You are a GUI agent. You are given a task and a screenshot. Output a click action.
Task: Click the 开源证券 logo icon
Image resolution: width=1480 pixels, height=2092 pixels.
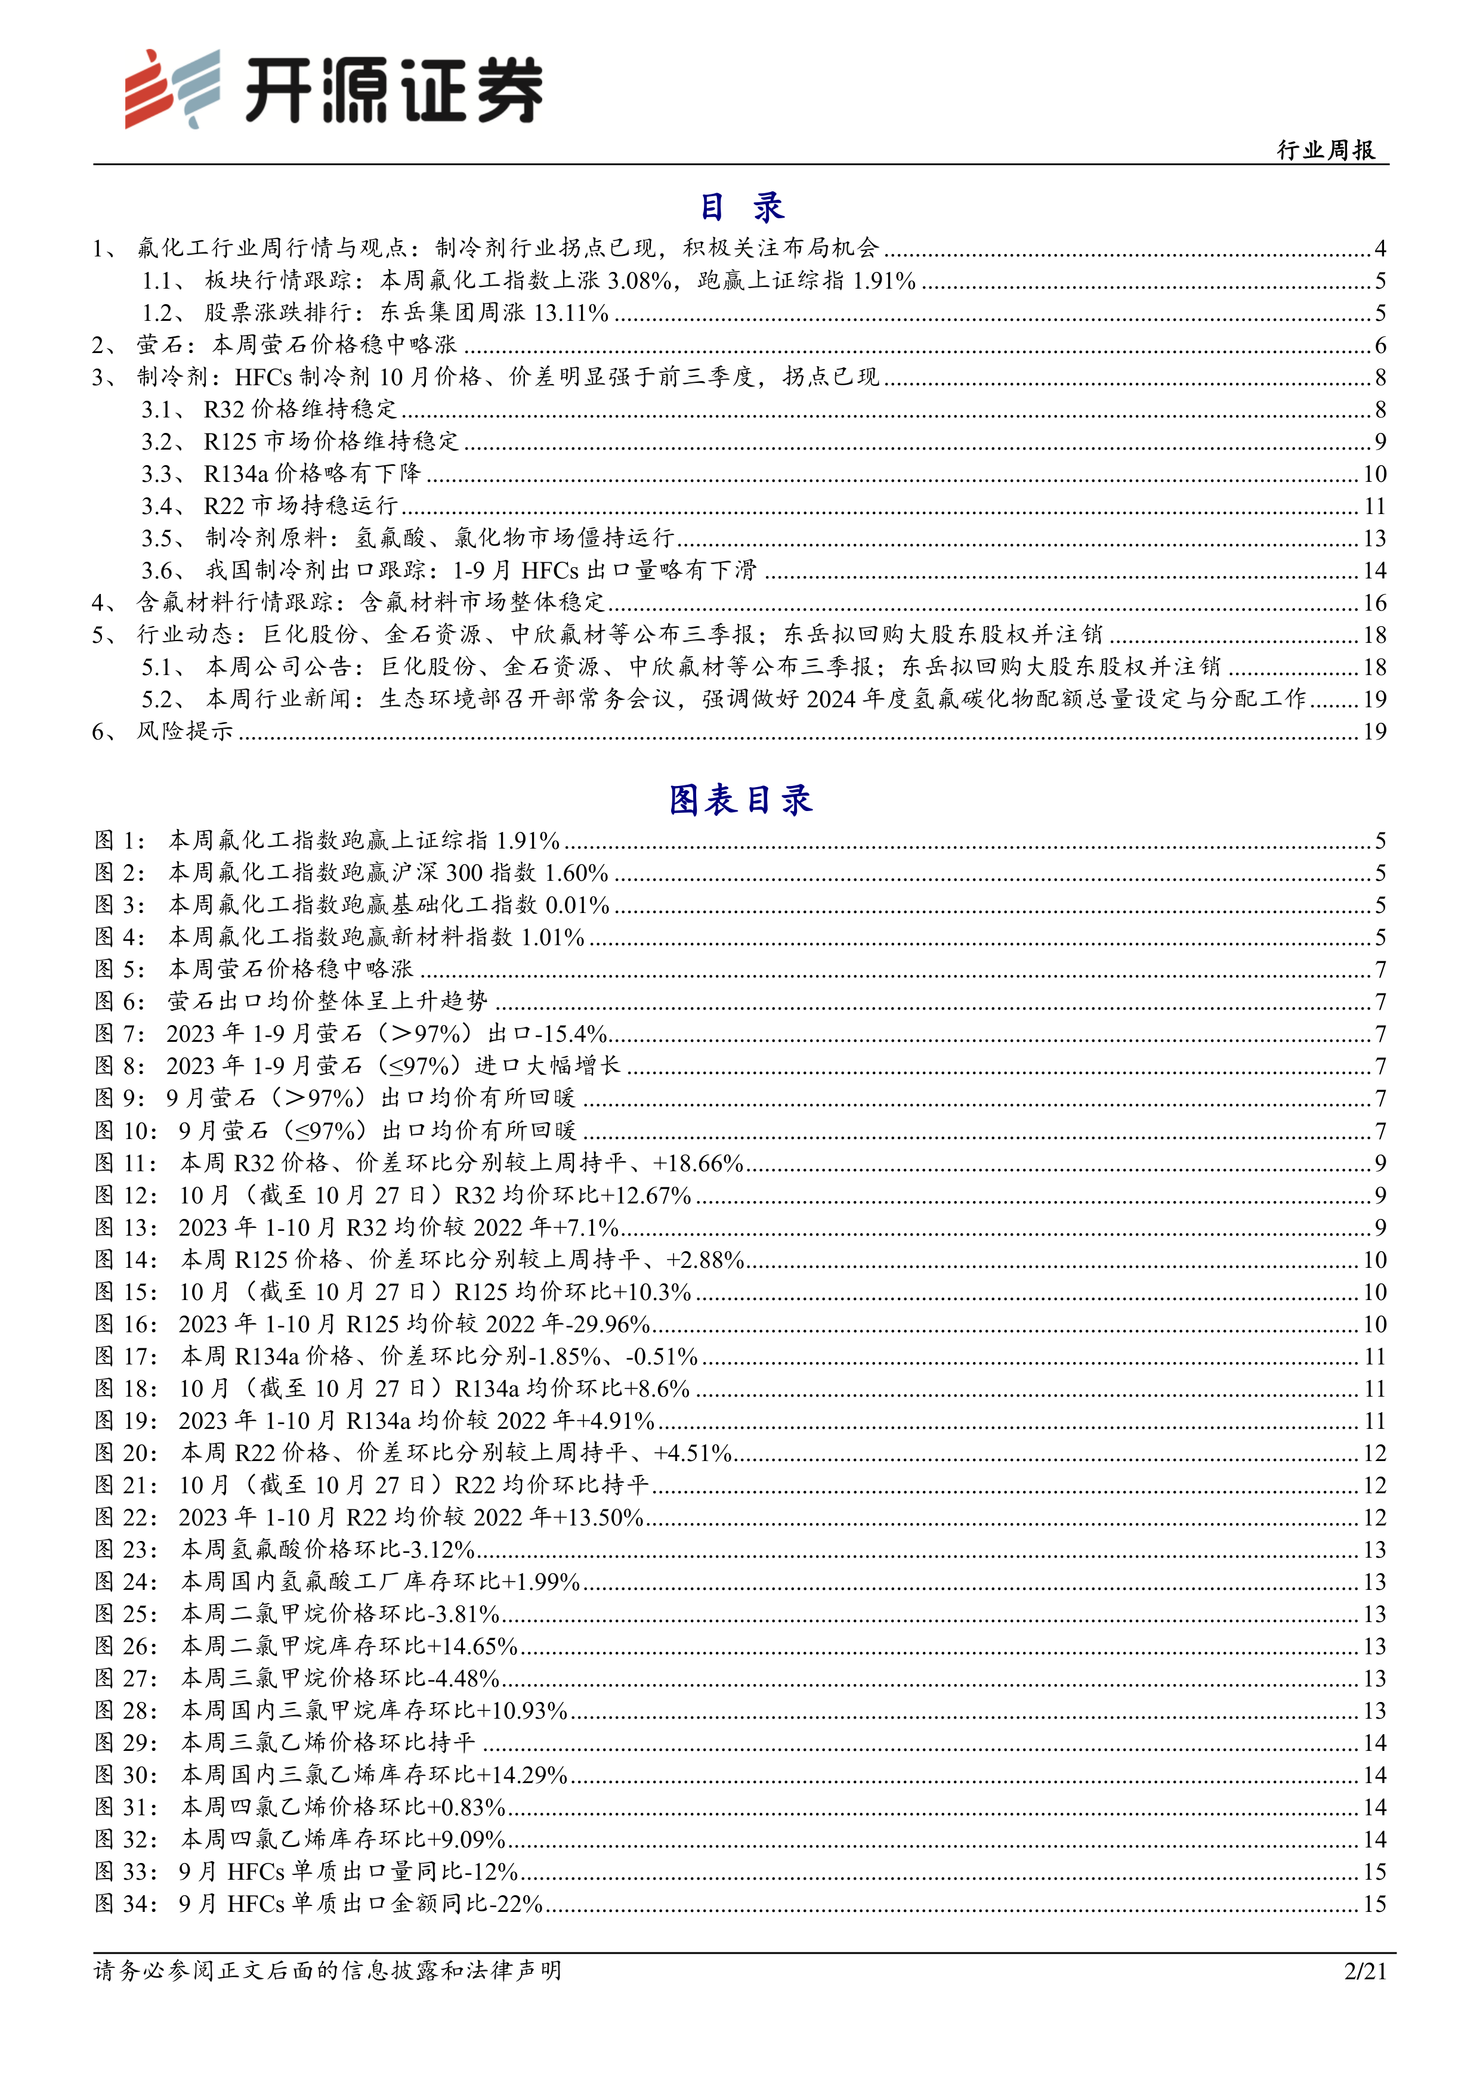pos(172,88)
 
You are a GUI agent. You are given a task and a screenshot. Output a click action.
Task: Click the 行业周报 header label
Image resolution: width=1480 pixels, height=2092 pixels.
pos(1326,150)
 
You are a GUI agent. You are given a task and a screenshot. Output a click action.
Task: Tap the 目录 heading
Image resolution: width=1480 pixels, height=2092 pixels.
pos(741,208)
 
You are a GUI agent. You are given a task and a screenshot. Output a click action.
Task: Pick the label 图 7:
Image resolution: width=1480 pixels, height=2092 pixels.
pos(119,1034)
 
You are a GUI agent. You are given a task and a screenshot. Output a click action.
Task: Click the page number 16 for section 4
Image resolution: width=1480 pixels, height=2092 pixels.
pos(1374,603)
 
